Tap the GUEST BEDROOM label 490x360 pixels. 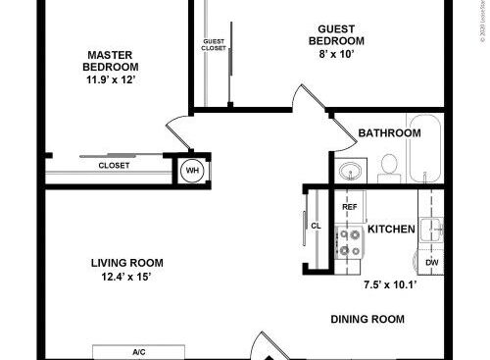pyautogui.click(x=336, y=35)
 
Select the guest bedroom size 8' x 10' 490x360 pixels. pyautogui.click(x=336, y=55)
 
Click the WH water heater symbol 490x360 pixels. pyautogui.click(x=192, y=171)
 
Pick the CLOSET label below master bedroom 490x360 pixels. pyautogui.click(x=113, y=166)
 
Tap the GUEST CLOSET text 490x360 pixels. pyautogui.click(x=214, y=44)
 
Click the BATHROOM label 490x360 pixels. pyautogui.click(x=389, y=133)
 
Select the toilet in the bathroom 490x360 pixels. pyautogui.click(x=388, y=166)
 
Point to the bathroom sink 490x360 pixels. pyautogui.click(x=349, y=172)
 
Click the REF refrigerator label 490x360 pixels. pyautogui.click(x=349, y=208)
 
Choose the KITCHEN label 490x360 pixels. pyautogui.click(x=392, y=231)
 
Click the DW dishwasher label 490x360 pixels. pyautogui.click(x=431, y=263)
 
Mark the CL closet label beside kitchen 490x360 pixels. pyautogui.click(x=316, y=226)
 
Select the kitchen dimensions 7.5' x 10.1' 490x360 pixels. pyautogui.click(x=390, y=285)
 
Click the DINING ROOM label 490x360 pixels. pyautogui.click(x=367, y=319)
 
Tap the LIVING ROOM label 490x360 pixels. pyautogui.click(x=126, y=263)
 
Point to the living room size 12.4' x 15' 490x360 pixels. pyautogui.click(x=126, y=278)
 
